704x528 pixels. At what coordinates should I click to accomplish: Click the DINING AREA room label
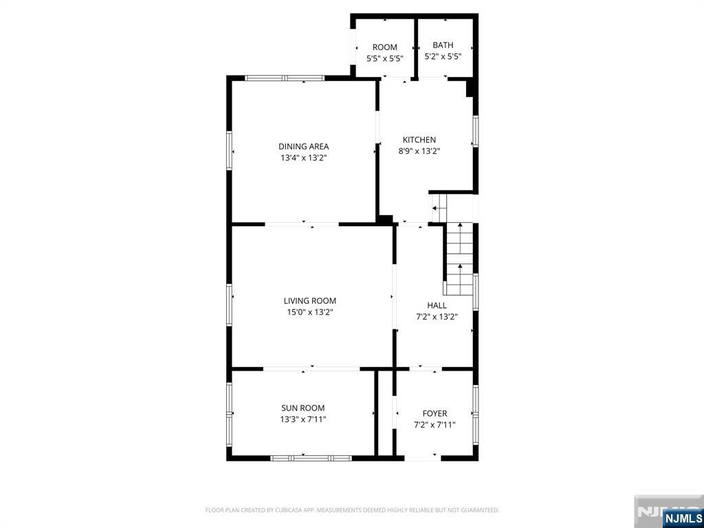tap(303, 146)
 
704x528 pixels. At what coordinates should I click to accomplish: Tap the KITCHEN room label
tap(419, 140)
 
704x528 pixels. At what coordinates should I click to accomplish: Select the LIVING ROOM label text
tap(310, 301)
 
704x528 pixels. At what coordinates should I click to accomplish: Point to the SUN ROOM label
tap(303, 408)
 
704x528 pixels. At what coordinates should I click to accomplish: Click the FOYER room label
tap(434, 413)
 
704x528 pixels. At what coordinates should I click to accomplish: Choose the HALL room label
tap(437, 305)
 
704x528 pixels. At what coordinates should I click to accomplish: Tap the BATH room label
tap(443, 45)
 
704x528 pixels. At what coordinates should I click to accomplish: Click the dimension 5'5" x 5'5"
tap(385, 58)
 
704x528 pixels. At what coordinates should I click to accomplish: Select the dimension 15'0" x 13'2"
tap(310, 312)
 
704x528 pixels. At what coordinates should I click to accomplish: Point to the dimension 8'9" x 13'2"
tap(419, 151)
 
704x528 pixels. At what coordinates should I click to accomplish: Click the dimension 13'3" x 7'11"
tap(303, 419)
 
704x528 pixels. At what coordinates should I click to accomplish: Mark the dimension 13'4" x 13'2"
tap(303, 158)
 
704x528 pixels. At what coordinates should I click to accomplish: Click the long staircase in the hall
tap(459, 259)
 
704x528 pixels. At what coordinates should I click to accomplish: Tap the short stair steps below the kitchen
tap(439, 208)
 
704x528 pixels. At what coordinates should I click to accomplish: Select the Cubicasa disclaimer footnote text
tap(353, 510)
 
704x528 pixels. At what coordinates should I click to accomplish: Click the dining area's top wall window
tap(285, 78)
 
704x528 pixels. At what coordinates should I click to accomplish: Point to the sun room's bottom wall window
tap(311, 458)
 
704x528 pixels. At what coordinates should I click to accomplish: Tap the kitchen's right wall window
tap(476, 131)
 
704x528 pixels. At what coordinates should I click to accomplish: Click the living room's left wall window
tap(229, 305)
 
